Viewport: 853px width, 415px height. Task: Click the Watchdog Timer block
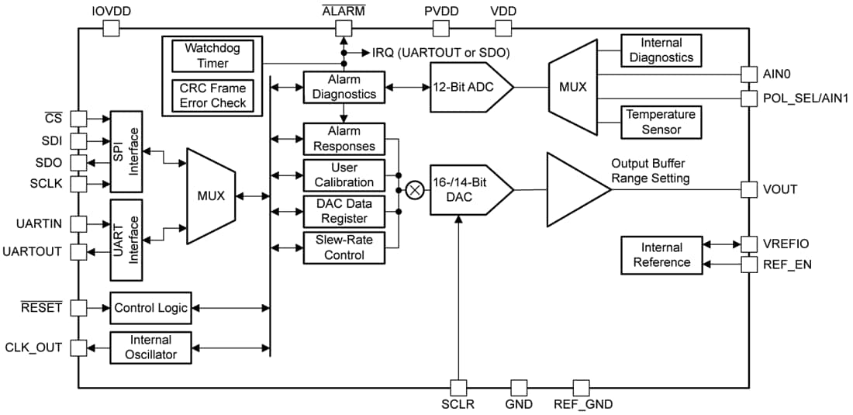(x=212, y=55)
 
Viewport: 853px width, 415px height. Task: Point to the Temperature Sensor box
(x=661, y=122)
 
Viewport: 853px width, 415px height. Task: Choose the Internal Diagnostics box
(x=661, y=50)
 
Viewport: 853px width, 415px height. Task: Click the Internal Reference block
(x=661, y=254)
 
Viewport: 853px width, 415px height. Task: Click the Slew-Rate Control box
(x=343, y=247)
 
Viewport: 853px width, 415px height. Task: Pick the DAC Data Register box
(x=343, y=211)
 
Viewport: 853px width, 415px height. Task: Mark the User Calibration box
(x=343, y=175)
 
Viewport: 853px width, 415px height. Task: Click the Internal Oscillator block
(x=150, y=347)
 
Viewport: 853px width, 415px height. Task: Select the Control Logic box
(x=150, y=308)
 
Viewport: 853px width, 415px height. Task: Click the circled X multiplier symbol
(x=416, y=189)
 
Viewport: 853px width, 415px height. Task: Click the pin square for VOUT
(x=748, y=189)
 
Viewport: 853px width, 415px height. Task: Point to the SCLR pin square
(x=458, y=386)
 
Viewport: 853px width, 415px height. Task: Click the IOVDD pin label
(x=111, y=11)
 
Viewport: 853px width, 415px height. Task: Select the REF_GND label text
(x=582, y=404)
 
